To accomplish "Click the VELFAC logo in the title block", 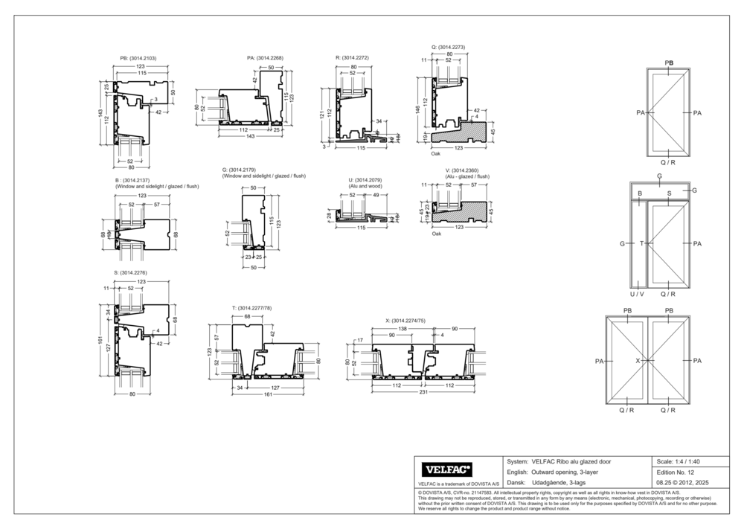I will [x=447, y=469].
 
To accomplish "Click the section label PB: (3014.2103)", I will [x=138, y=58].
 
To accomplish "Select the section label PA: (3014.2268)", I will [x=265, y=57].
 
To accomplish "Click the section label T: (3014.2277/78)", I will [x=252, y=308].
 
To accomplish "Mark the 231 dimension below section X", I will [x=423, y=392].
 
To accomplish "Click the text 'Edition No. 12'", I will [x=676, y=472].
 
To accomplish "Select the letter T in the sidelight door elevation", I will [x=641, y=243].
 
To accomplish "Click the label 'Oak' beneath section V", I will [x=436, y=234].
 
